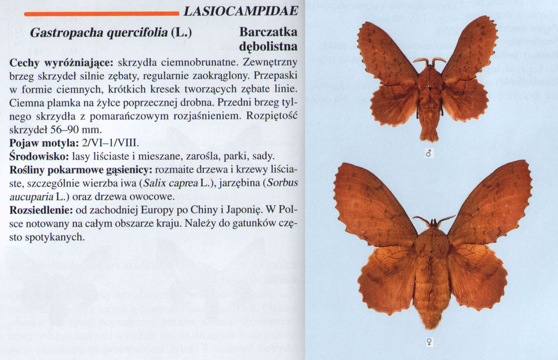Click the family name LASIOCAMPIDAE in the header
(240, 11)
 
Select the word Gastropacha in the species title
(63, 32)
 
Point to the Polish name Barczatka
(268, 32)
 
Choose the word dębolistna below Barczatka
(268, 47)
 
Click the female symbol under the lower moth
(432, 343)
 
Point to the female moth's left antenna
(422, 220)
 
